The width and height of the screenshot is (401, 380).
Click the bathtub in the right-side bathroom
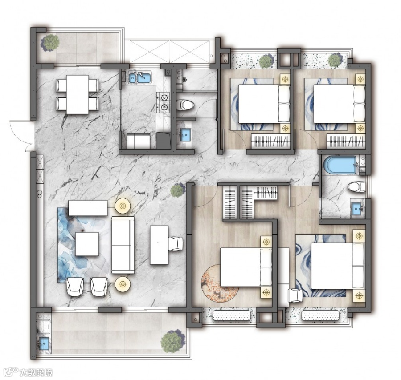[x=340, y=165]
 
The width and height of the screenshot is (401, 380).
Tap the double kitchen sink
[x=139, y=77]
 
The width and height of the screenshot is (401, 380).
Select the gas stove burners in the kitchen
[x=164, y=102]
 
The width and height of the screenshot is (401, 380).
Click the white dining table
[x=78, y=94]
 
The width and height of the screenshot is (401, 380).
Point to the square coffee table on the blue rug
[x=87, y=244]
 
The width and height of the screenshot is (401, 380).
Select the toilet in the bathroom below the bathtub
[x=357, y=187]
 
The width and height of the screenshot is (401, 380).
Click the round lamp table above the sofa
[x=123, y=206]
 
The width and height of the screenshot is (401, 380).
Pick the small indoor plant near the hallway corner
[x=177, y=190]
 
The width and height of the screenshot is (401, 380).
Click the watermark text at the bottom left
[x=36, y=372]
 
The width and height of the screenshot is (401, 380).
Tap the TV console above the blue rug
[x=88, y=208]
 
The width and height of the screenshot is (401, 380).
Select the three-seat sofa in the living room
[x=123, y=245]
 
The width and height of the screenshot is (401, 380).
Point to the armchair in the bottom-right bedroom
[x=295, y=295]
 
